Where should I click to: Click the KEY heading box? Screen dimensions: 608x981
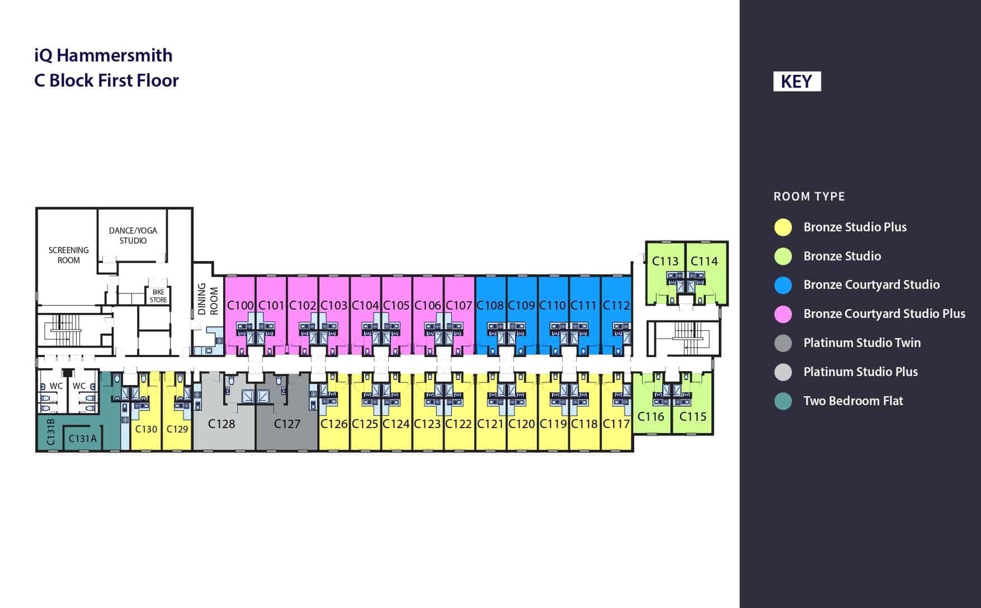(796, 82)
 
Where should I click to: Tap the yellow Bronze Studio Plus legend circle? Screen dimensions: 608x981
(783, 227)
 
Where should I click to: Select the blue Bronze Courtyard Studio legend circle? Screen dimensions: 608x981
(783, 285)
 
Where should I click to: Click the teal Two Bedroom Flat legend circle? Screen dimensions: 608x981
(783, 401)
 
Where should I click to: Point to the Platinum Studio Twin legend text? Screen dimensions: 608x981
(861, 343)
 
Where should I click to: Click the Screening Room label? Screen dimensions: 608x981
(68, 255)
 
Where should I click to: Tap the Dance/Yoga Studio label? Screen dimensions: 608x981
(133, 235)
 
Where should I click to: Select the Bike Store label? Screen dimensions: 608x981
(158, 296)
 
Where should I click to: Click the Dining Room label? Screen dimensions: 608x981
(207, 300)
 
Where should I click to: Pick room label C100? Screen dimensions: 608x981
(240, 306)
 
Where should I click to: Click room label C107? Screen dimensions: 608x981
(459, 306)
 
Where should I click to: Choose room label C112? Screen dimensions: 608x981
(616, 306)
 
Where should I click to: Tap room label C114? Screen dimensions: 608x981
(704, 261)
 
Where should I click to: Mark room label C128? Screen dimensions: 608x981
(221, 424)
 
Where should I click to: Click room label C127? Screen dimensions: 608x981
(287, 424)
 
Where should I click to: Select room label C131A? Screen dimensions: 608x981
(82, 439)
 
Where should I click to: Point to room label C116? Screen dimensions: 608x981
(650, 416)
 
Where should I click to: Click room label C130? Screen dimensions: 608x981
(146, 429)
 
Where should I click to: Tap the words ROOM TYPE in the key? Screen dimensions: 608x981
(809, 197)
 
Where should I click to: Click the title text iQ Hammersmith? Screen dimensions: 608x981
(103, 55)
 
